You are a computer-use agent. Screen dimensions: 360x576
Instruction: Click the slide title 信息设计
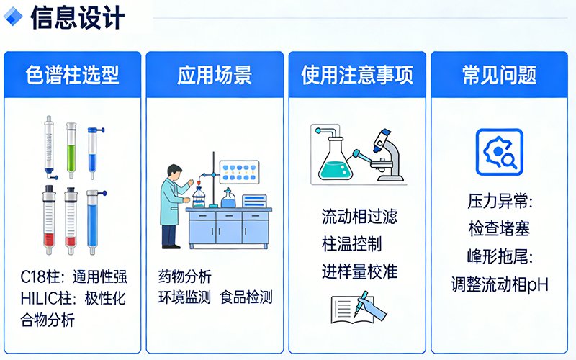(x=77, y=17)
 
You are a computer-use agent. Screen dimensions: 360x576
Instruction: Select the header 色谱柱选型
(x=72, y=74)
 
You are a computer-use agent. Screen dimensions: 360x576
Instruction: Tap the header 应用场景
(x=214, y=74)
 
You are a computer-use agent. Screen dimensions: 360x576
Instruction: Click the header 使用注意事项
(x=357, y=74)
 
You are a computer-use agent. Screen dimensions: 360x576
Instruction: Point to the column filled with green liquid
(x=71, y=149)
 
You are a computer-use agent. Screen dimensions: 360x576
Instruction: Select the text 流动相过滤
(x=359, y=216)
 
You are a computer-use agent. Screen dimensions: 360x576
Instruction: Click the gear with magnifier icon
(x=499, y=152)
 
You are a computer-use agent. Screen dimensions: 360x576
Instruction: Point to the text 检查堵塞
(x=499, y=229)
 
